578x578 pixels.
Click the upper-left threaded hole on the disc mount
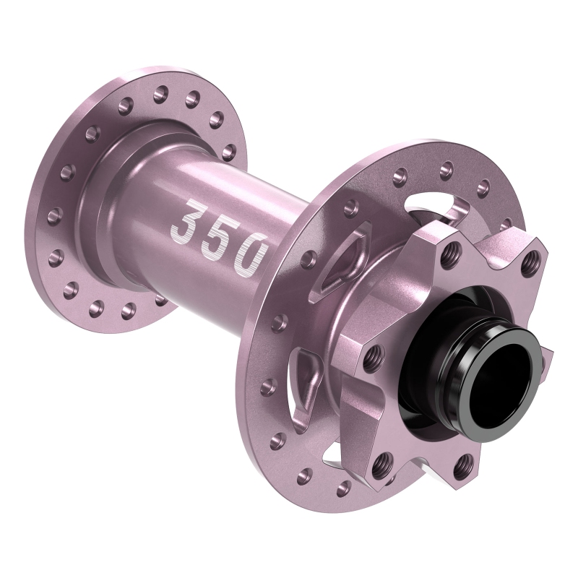[x=453, y=250]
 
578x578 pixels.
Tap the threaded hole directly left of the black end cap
[x=374, y=354]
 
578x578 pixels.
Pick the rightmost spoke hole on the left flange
[x=231, y=151]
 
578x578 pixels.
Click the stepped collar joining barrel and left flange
[x=108, y=217]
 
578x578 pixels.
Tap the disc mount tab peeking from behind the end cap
[x=545, y=354]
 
